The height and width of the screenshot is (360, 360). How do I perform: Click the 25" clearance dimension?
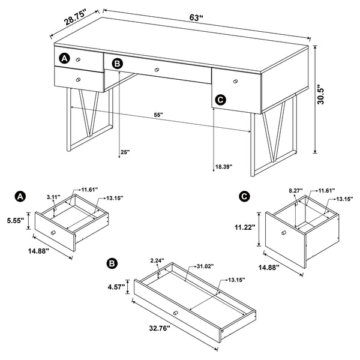click(125, 152)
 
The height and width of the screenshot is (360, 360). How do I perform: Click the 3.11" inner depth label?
click(53, 196)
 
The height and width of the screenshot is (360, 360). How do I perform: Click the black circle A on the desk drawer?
click(65, 58)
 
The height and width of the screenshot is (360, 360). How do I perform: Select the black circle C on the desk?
click(220, 100)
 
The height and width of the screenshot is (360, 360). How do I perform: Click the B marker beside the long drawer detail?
click(111, 263)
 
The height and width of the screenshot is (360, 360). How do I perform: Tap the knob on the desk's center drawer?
click(157, 70)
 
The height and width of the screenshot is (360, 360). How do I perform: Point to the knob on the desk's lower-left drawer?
click(77, 79)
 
